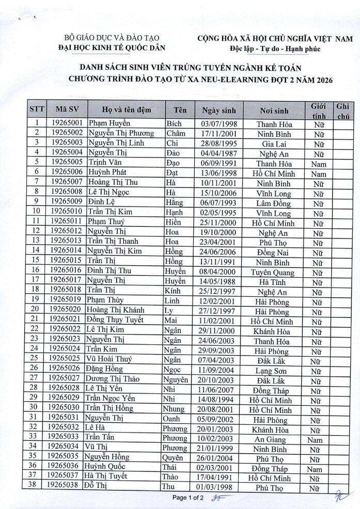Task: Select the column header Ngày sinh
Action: (218, 110)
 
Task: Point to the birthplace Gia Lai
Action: (274, 143)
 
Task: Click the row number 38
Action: (36, 487)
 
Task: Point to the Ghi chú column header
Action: (343, 110)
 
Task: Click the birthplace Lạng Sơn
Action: (274, 370)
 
